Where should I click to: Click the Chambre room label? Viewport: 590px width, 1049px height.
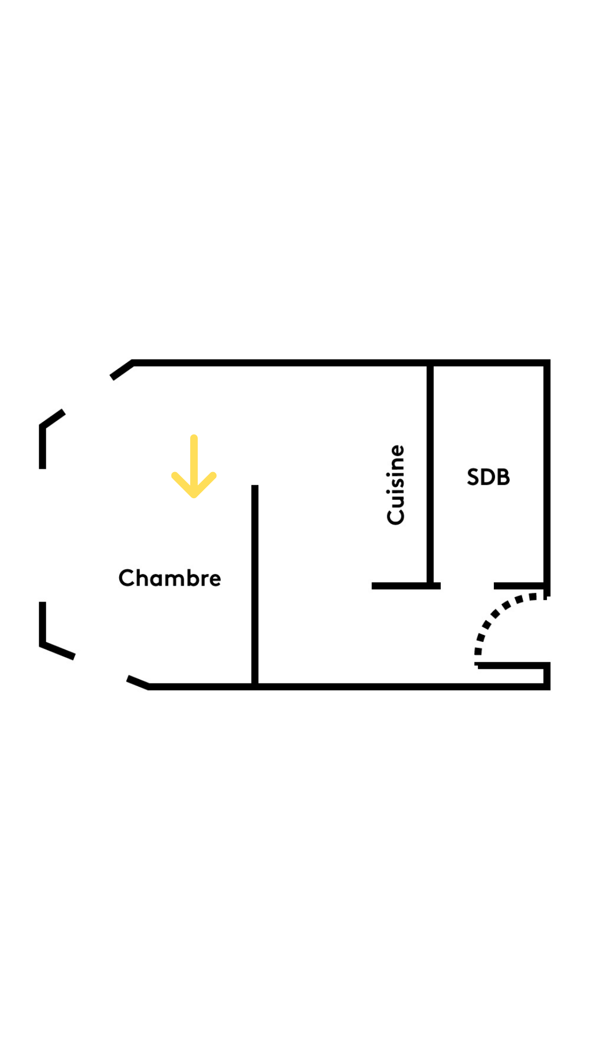169,578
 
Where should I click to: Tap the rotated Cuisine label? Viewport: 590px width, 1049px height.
396,485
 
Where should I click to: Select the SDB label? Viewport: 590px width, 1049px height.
488,477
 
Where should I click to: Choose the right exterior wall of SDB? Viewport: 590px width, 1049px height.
547,475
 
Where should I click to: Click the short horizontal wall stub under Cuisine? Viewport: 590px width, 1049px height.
405,586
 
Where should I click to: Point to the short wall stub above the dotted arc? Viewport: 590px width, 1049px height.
519,586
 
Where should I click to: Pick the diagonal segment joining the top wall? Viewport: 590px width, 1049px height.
122,370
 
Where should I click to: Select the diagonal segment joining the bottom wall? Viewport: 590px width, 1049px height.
138,682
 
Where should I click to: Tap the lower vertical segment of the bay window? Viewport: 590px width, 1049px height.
43,623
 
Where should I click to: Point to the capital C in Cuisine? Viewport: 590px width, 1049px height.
396,516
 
